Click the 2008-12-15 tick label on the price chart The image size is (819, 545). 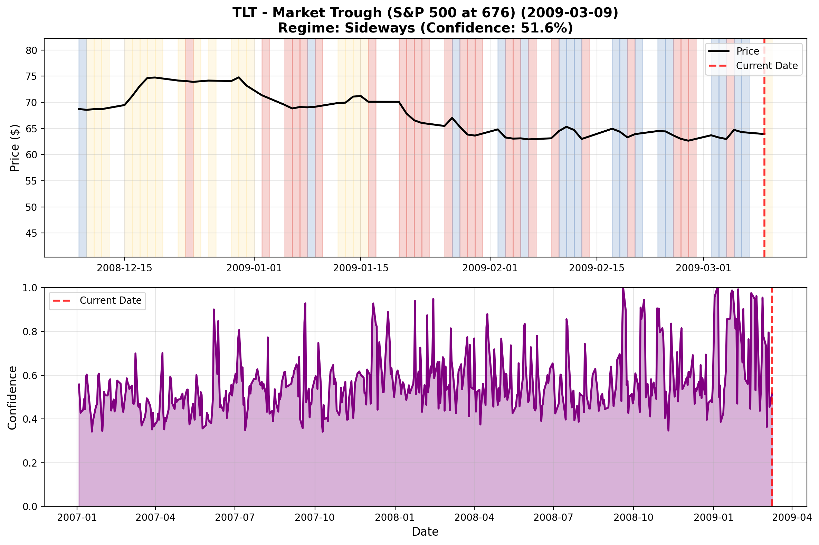pyautogui.click(x=124, y=268)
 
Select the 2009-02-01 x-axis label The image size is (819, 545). pyautogui.click(x=490, y=268)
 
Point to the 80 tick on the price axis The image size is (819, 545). pyautogui.click(x=31, y=50)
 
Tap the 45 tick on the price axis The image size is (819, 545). pyautogui.click(x=31, y=233)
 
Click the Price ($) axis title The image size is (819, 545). pyautogui.click(x=15, y=148)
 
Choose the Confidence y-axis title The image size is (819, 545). pyautogui.click(x=12, y=398)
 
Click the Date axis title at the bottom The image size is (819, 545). pyautogui.click(x=425, y=532)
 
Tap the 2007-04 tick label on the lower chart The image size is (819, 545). pyautogui.click(x=155, y=518)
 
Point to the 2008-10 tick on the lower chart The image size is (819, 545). pyautogui.click(x=633, y=518)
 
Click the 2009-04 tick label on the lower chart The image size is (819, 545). pyautogui.click(x=792, y=518)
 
